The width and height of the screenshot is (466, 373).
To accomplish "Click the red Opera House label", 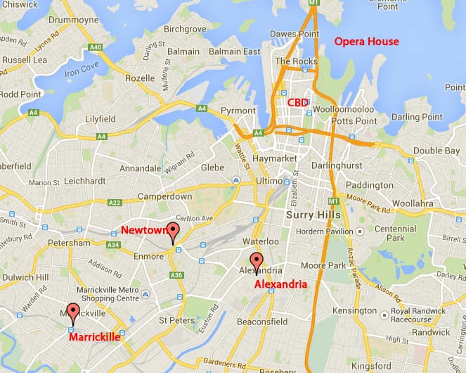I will click(366, 42).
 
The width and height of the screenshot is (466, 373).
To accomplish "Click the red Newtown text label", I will click(144, 230).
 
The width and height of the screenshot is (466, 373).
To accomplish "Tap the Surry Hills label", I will click(313, 214).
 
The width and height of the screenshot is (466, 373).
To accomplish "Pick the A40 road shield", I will click(96, 48).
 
